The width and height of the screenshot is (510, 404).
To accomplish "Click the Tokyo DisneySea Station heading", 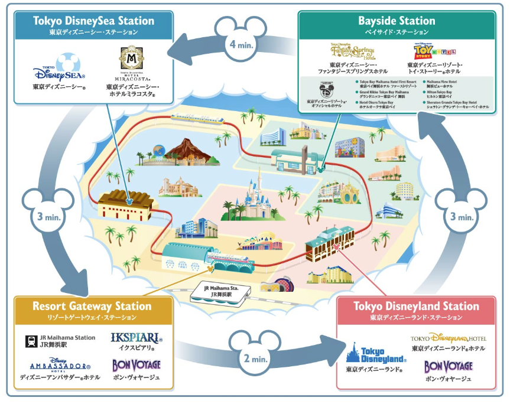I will point(93,21).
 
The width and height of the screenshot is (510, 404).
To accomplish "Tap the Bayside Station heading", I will point(397,21).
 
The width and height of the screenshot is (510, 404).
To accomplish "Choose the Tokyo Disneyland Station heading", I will point(416,307).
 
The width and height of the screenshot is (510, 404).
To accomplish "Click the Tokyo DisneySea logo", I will point(59,70).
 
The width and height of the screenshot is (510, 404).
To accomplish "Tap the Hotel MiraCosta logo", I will point(132,63).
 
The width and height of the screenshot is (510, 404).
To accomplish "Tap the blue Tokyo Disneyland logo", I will point(376,354).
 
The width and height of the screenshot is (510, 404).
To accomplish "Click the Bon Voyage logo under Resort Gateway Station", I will point(136,366).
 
